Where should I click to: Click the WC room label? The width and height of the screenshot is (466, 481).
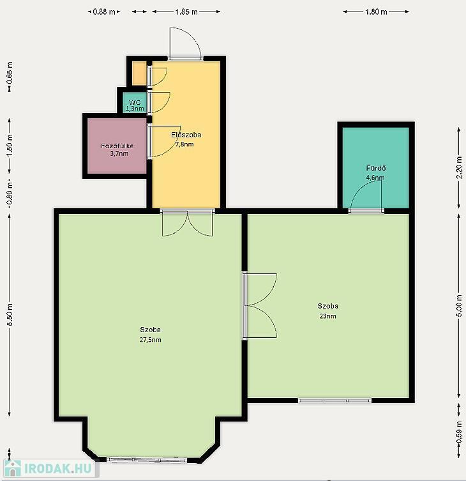coord(135,102)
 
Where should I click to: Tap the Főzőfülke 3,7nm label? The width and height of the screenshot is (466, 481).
coord(117,149)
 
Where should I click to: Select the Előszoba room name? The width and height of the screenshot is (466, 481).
coord(186,134)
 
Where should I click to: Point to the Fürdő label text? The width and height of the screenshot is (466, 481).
coord(376,168)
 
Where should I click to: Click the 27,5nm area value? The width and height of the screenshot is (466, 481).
coord(150,340)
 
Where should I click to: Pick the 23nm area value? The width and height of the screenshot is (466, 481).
coord(327,316)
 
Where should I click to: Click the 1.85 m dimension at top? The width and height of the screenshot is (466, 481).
coord(186,11)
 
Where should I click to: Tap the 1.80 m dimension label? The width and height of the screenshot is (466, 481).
coord(376,11)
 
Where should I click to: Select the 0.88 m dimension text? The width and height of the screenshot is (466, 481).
coord(104,11)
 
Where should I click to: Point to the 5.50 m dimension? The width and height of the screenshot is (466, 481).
coord(10,315)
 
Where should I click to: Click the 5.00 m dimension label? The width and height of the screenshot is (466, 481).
coord(458,306)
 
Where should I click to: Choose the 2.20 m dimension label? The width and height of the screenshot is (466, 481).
coord(458,167)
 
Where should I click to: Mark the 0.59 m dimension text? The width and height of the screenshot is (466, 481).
coord(458,432)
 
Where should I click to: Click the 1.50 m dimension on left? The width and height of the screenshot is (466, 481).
coord(10,145)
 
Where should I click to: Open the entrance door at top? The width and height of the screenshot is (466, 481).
coord(186,43)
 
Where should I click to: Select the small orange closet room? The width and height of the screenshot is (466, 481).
coord(139,73)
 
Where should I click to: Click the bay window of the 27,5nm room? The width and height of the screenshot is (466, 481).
coord(147,459)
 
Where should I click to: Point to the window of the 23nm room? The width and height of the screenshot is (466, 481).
coord(334,401)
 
